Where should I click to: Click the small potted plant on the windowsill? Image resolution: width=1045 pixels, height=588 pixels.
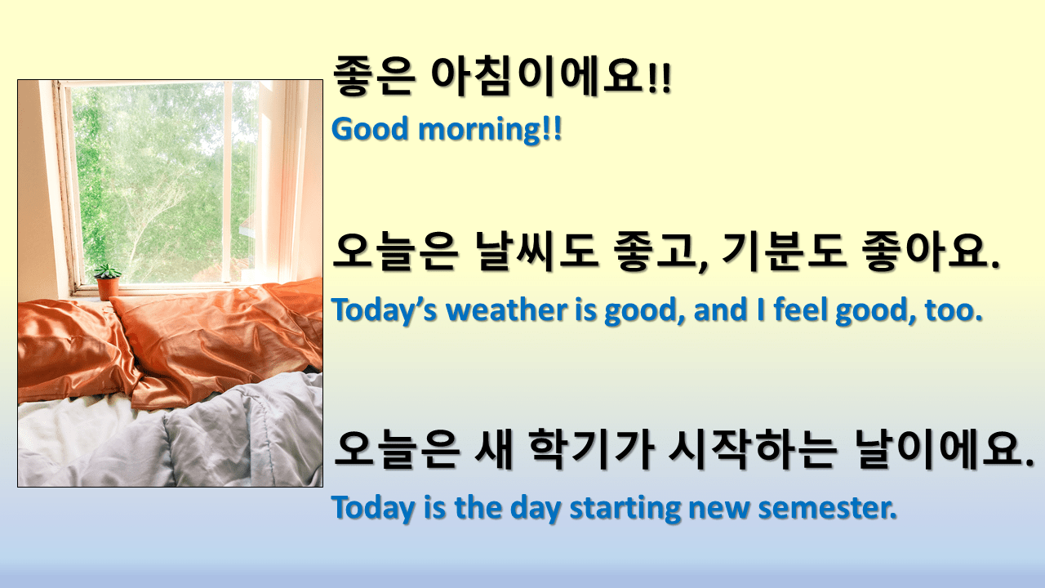[x=107, y=283]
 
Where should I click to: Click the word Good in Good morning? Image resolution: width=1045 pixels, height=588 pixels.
[x=364, y=129]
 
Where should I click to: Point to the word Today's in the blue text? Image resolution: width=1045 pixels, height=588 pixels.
[x=384, y=310]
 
